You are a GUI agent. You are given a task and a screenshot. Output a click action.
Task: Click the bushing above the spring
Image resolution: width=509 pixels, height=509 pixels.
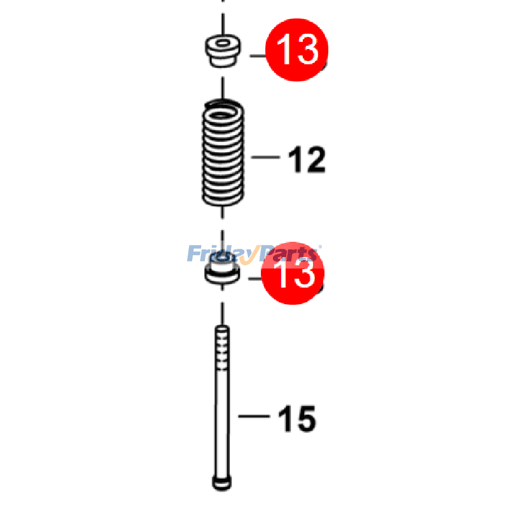click(x=222, y=52)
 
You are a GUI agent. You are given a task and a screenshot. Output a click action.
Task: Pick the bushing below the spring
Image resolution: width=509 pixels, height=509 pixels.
click(x=222, y=274)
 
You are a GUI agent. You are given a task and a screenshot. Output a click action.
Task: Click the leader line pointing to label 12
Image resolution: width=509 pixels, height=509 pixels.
click(x=266, y=157)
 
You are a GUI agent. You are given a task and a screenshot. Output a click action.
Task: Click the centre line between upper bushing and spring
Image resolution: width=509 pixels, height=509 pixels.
click(x=223, y=87)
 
